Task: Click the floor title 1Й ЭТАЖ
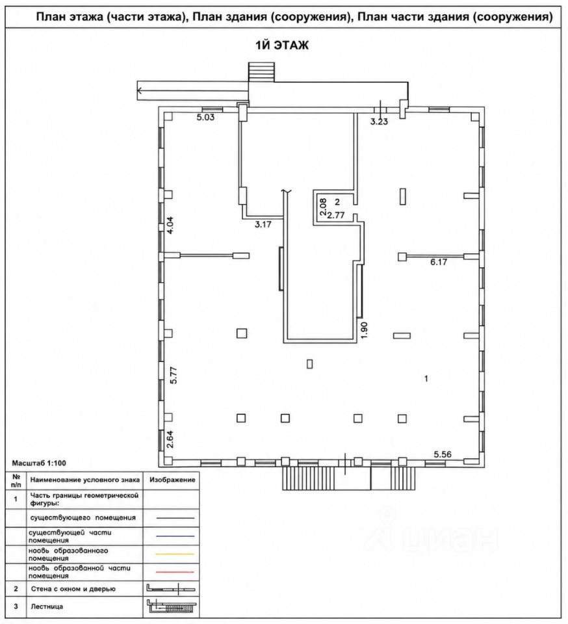point(281,45)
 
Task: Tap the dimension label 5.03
point(205,117)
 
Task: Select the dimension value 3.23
point(379,122)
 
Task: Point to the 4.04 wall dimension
point(170,225)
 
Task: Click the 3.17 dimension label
point(263,224)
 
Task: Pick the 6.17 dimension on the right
point(438,262)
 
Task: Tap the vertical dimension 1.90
point(365,330)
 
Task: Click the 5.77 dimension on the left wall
point(174,374)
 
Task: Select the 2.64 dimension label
point(170,439)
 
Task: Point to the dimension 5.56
point(443,454)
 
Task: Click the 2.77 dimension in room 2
point(336,216)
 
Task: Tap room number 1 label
point(426,378)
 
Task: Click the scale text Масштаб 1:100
point(39,463)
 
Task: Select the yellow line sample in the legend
point(175,554)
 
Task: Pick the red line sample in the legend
point(175,572)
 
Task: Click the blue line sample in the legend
point(175,536)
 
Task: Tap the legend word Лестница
point(47,606)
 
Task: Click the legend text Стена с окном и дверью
point(73,589)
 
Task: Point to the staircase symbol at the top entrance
point(261,71)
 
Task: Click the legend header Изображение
point(172,480)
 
